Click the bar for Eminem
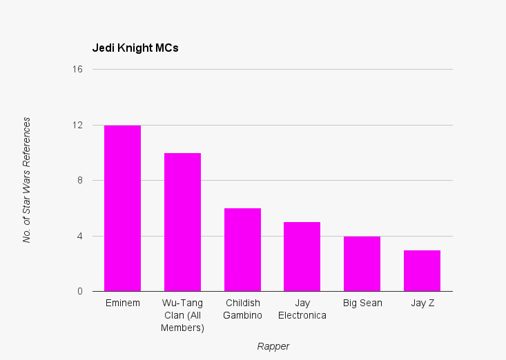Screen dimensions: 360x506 (x=122, y=208)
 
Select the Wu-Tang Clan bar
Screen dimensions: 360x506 (x=182, y=222)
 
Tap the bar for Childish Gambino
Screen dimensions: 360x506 (x=242, y=250)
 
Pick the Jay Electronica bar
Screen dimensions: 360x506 (x=302, y=257)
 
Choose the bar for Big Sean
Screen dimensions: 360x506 (x=362, y=264)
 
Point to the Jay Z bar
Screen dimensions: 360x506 (x=422, y=271)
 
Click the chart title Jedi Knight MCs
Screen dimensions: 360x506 (x=135, y=48)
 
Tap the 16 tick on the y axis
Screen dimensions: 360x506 (x=77, y=70)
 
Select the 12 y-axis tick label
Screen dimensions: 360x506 (x=77, y=125)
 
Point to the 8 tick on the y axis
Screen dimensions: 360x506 (x=79, y=181)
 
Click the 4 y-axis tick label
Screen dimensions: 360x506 (x=79, y=236)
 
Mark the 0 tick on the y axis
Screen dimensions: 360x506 (x=79, y=291)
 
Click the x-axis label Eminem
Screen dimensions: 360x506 (x=122, y=303)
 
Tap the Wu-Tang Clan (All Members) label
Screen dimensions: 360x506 (x=182, y=315)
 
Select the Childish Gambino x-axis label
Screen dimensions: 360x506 (x=242, y=309)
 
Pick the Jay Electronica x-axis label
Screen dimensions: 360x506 (x=302, y=309)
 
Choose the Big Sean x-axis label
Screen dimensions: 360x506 (x=362, y=303)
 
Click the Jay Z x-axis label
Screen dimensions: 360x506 (x=422, y=303)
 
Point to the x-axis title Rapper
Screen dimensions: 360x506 (x=273, y=346)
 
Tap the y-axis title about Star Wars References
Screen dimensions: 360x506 (x=27, y=180)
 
